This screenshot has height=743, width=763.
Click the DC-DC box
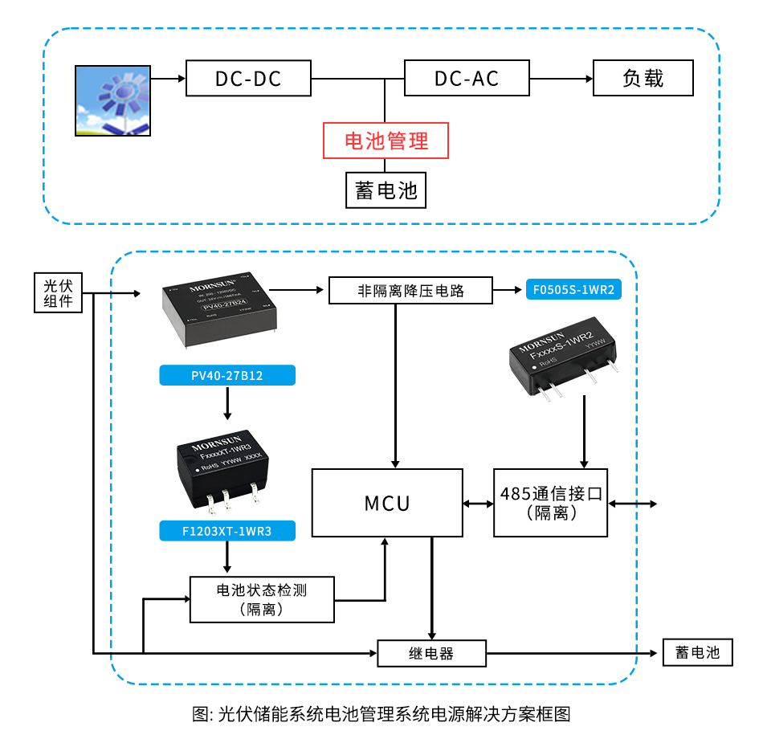coord(248,78)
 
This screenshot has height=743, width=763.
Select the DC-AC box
coord(467,78)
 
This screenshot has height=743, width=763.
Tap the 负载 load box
coord(643,78)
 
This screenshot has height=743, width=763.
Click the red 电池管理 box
coord(386,141)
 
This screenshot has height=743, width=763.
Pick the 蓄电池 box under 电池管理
coord(386,190)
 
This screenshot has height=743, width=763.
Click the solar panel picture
coord(113,100)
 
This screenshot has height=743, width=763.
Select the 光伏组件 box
coord(59,293)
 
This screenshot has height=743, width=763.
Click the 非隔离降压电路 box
coord(410,290)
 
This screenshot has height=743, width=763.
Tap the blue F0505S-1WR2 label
coord(573,290)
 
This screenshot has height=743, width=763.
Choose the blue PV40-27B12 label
coord(227,375)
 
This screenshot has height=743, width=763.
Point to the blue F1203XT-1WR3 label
coord(227,530)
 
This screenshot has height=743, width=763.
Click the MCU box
coord(387,503)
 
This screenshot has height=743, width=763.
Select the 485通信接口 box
coord(551,503)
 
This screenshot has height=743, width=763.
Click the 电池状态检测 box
coord(262,599)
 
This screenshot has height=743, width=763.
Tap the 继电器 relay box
coord(431,653)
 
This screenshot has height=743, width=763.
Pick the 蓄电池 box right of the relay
coord(697,652)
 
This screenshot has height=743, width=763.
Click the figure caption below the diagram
coord(381,714)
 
